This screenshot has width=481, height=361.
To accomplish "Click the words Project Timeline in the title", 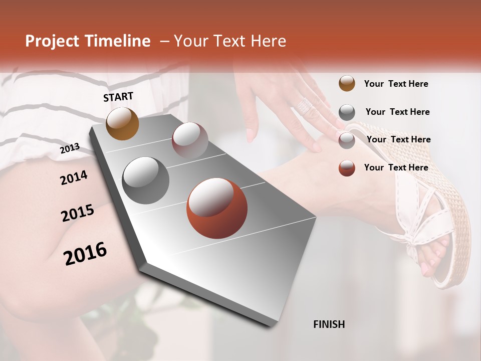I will (88, 41).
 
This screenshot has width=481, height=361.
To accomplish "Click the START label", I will (118, 97).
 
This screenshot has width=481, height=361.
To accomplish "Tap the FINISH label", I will (329, 324).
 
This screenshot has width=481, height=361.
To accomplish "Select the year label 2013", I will (70, 148).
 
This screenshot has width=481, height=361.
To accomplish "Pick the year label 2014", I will (74, 177).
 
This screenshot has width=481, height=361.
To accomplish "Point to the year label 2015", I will (78, 213).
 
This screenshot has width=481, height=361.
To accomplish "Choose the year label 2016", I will (85, 254).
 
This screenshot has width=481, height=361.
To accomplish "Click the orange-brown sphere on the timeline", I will (122, 123).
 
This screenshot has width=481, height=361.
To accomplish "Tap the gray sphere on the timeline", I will (146, 180).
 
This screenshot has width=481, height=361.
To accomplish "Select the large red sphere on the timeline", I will (217, 208).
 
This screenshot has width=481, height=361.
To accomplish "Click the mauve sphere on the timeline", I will (190, 140).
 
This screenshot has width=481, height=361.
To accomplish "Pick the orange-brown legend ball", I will (347, 83).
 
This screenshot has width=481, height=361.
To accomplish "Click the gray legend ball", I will (347, 112).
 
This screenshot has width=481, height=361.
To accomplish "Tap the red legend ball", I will (347, 168).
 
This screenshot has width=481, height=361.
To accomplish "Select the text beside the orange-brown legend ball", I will (396, 84).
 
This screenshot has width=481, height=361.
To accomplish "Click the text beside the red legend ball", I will (396, 167).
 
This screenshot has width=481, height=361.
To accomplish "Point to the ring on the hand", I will (304, 105).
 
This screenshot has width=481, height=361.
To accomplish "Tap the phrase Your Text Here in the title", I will (229, 41).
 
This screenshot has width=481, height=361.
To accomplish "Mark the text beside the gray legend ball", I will (397, 112).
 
